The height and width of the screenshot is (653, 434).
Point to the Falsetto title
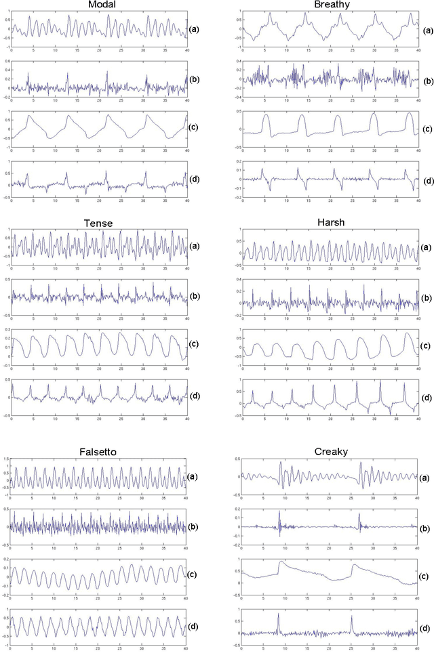(x=100, y=452)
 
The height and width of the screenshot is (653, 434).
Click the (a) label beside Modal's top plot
(x=195, y=29)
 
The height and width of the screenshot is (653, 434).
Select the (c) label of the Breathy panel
(x=428, y=129)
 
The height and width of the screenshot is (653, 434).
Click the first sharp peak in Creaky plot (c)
(x=280, y=562)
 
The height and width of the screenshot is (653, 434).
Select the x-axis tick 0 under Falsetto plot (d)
(x=12, y=648)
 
